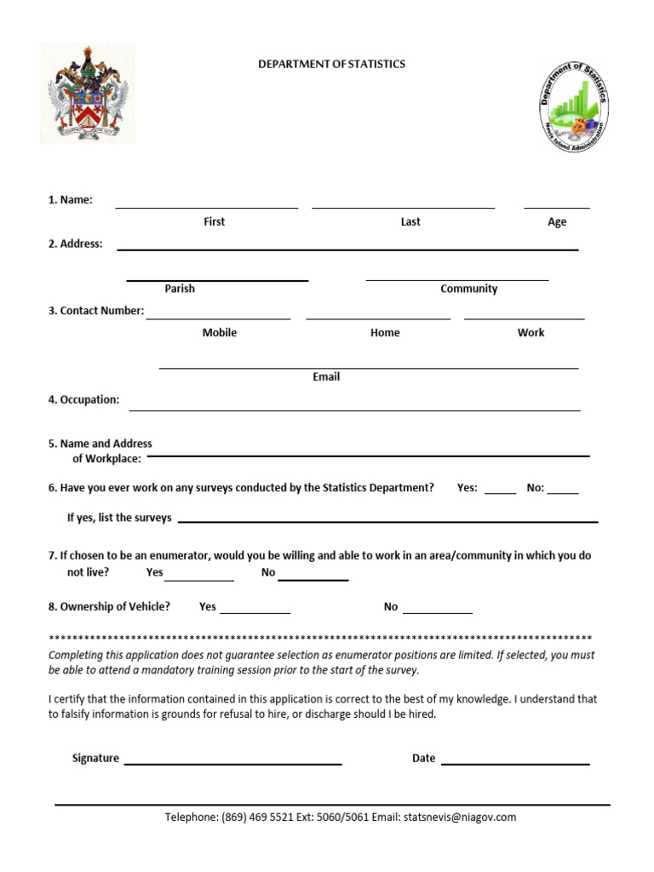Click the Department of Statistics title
[332, 64]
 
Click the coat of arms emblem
[88, 94]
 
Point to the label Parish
[180, 289]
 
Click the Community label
[468, 289]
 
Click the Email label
[326, 376]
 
